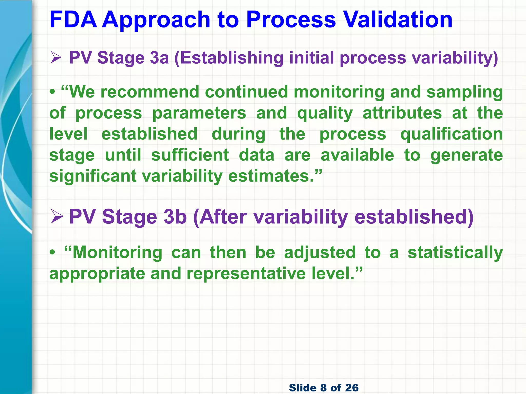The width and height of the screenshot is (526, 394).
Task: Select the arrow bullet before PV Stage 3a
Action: tap(56, 58)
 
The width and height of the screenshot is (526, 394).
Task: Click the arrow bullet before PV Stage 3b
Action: tap(57, 216)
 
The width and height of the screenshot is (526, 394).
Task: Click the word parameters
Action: tap(199, 113)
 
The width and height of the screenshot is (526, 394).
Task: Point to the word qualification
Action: tap(451, 134)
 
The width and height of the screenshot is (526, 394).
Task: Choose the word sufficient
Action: tap(190, 155)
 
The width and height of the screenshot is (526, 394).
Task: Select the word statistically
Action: tap(455, 253)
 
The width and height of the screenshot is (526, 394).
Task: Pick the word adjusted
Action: tap(320, 253)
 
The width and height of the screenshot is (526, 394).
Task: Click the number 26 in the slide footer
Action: tap(352, 388)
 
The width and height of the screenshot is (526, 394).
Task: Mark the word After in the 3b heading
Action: tap(223, 216)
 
